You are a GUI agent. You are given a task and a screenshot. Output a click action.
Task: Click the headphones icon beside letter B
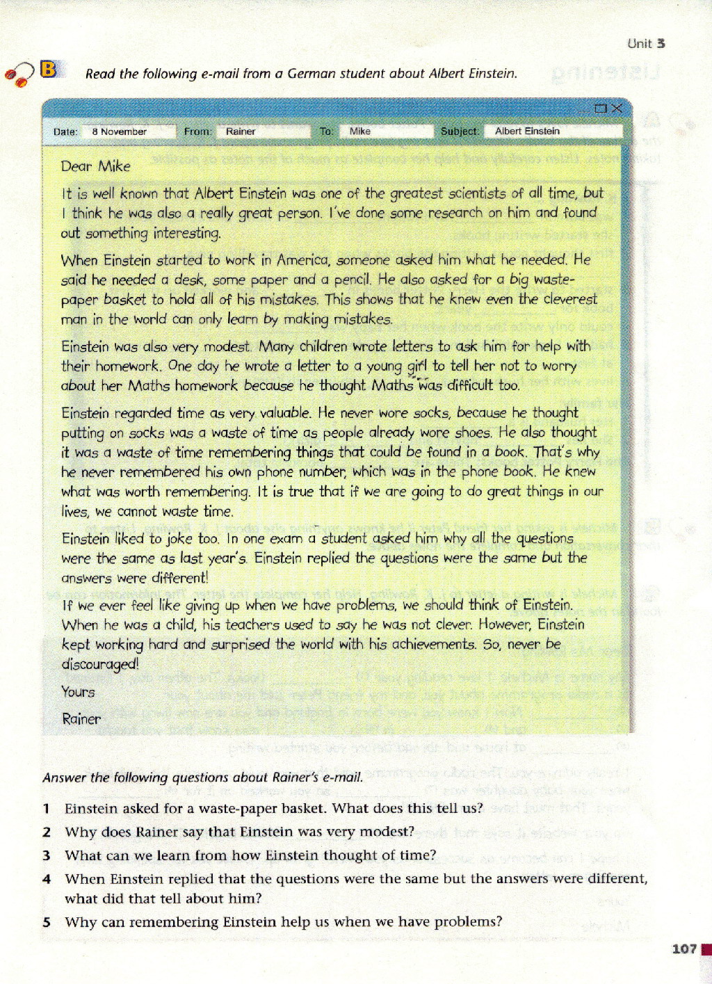20,73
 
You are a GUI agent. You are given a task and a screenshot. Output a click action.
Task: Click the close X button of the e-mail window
616,108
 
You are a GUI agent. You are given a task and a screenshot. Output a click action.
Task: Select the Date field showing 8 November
128,131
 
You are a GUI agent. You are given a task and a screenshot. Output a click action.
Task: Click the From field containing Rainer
262,131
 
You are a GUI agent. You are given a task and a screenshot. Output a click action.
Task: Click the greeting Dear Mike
95,166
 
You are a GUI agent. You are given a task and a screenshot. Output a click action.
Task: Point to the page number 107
684,949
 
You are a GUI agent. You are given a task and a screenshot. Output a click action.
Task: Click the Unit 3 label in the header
646,43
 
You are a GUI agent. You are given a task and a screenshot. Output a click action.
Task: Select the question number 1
46,809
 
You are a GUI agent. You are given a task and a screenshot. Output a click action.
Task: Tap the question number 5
46,922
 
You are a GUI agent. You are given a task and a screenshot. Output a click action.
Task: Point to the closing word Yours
78,692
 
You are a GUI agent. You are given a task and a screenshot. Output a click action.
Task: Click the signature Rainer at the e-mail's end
81,719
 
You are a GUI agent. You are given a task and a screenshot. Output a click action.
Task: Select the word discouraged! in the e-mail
100,664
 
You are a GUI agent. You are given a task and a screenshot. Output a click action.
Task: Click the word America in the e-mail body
303,260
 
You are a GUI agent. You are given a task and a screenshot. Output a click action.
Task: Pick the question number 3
46,855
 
